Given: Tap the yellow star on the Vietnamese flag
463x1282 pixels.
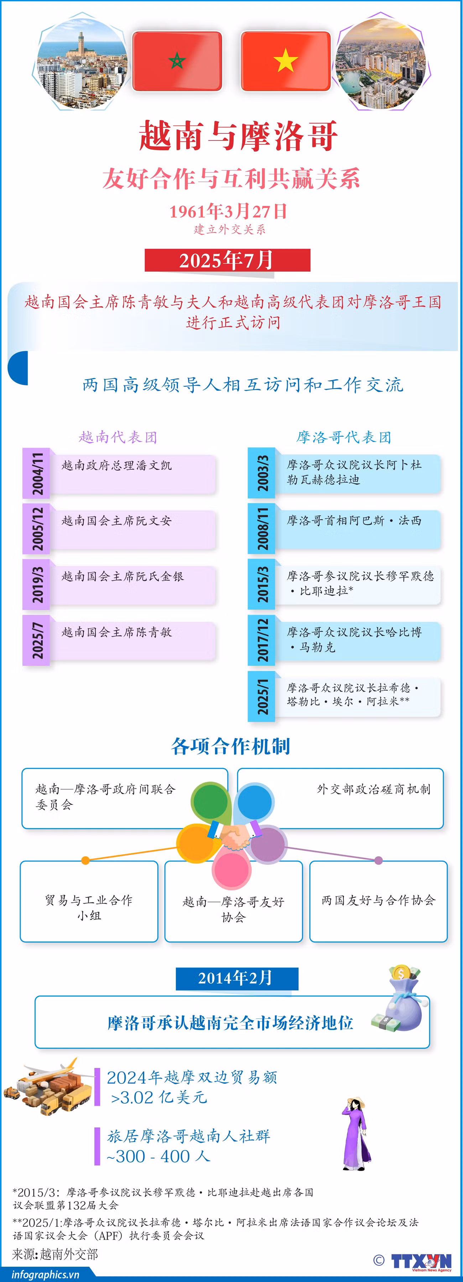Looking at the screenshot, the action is click(286, 60).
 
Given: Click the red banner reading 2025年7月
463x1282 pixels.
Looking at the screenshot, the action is click(227, 260).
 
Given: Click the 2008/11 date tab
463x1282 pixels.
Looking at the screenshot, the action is click(262, 529).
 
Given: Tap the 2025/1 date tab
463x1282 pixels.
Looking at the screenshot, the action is click(262, 696).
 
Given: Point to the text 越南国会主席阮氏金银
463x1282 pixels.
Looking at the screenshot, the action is click(123, 576).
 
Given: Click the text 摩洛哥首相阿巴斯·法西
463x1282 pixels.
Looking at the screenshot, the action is click(354, 521).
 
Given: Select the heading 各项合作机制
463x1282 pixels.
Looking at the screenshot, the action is click(230, 746).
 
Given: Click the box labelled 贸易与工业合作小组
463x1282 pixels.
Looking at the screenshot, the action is click(89, 901).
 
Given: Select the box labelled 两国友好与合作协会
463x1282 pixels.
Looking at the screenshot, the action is click(379, 901).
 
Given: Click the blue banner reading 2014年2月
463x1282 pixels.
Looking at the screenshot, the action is click(237, 978).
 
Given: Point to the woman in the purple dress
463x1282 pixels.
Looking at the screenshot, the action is click(355, 1134).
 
